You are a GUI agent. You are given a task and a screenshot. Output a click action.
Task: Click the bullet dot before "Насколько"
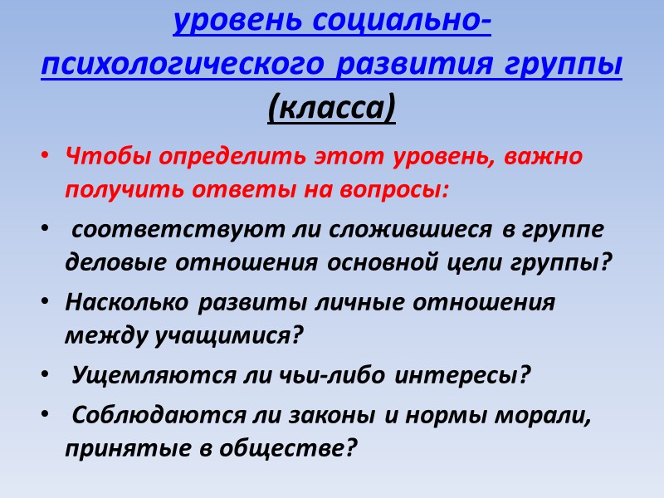tap(46, 303)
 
